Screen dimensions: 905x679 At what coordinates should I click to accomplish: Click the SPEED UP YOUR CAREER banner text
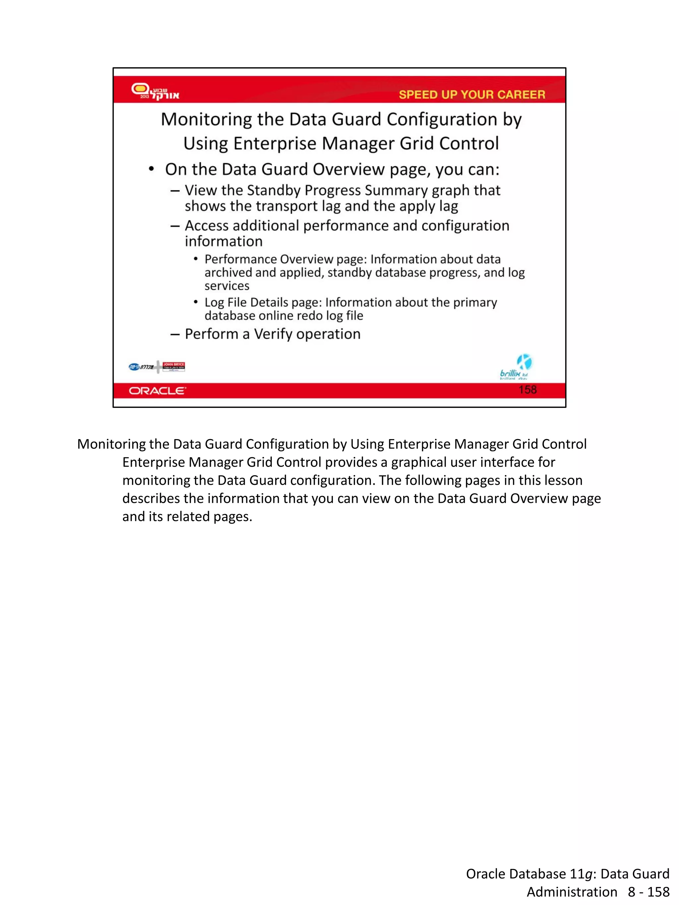[471, 94]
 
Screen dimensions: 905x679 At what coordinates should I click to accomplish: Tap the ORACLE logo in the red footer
[157, 391]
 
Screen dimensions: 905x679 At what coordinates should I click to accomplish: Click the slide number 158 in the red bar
[527, 389]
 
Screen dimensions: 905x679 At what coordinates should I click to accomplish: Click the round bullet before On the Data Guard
[152, 169]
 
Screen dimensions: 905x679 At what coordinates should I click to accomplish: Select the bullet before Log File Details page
[196, 302]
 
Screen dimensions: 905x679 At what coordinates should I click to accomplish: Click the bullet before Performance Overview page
[196, 259]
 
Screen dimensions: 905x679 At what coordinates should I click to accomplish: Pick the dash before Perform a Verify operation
[175, 334]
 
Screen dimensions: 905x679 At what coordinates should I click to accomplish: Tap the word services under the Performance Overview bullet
[227, 286]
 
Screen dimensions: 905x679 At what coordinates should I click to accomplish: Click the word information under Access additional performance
[223, 241]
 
